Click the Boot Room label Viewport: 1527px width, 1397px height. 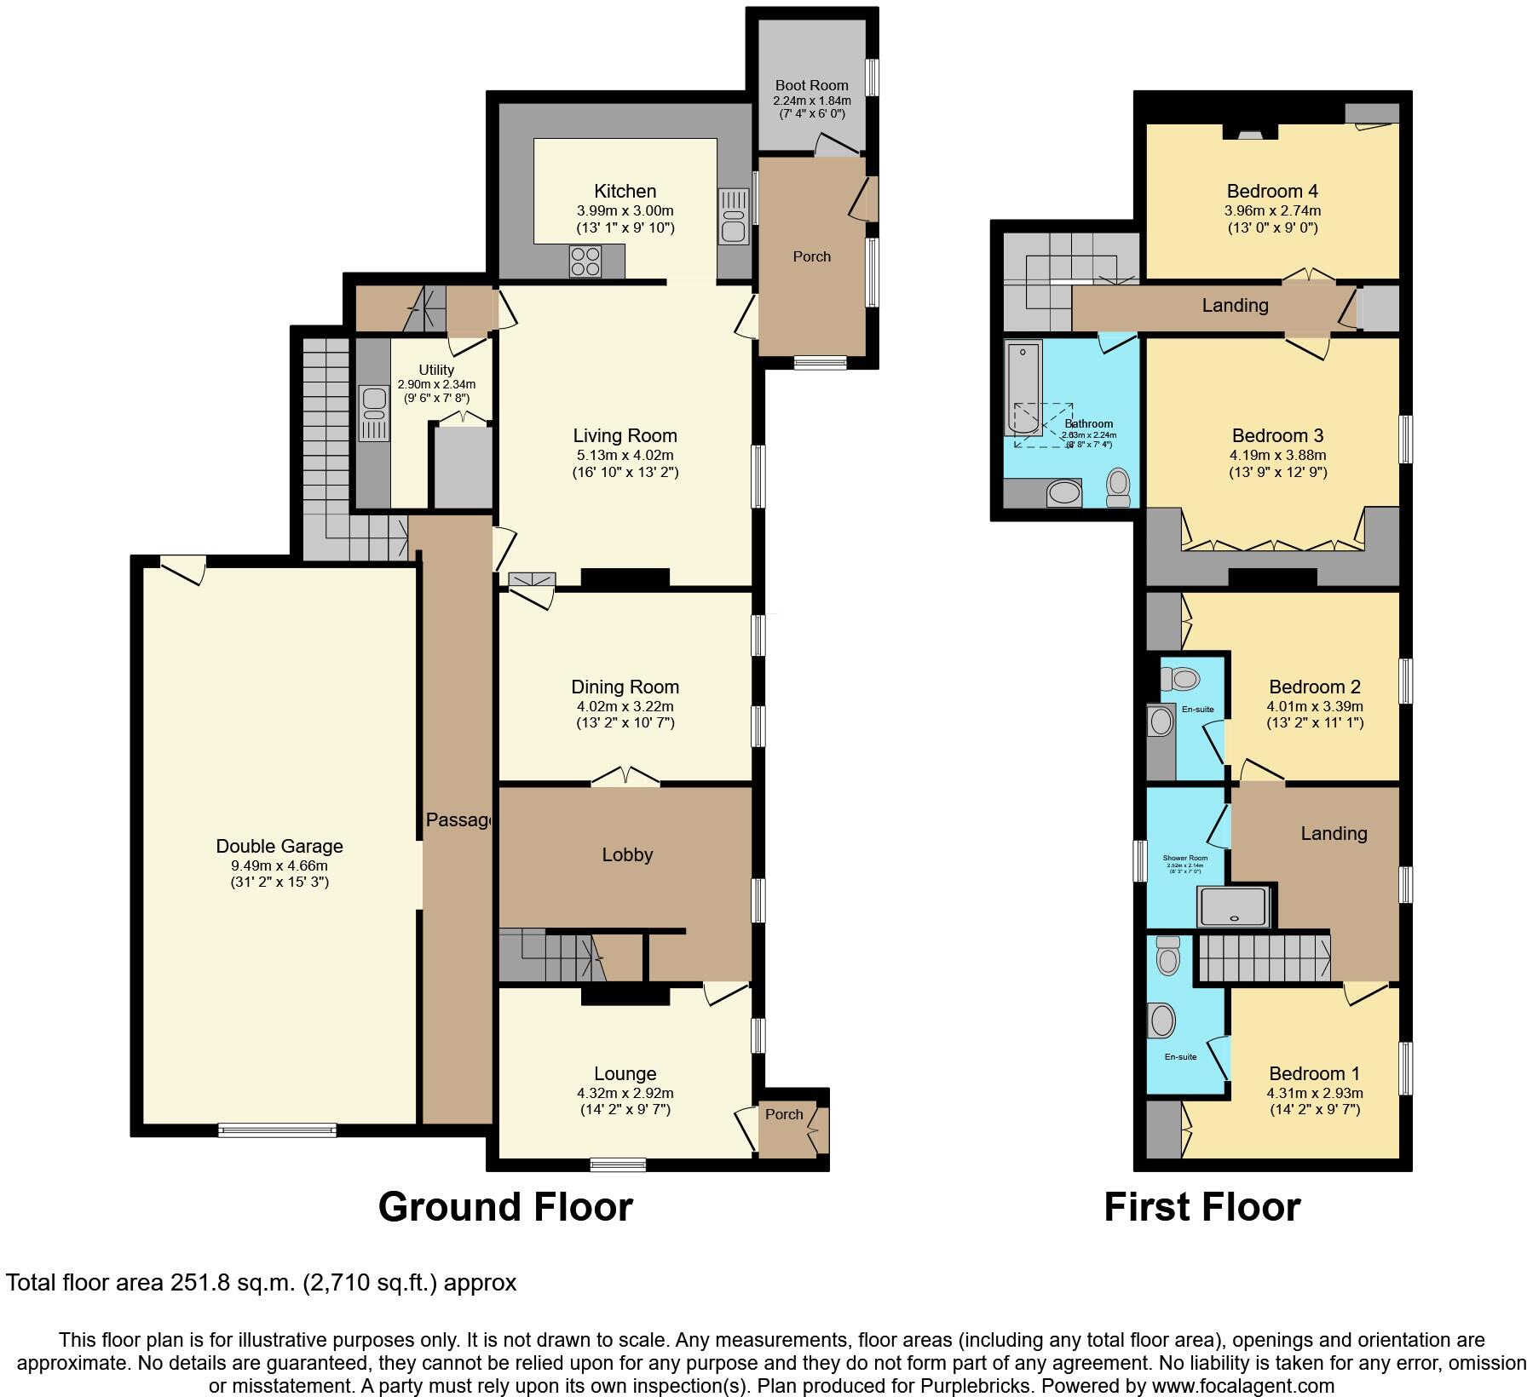coord(811,85)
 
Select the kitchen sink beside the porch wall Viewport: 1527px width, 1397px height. coord(733,216)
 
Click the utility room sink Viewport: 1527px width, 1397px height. coord(372,413)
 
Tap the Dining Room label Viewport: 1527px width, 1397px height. coord(625,687)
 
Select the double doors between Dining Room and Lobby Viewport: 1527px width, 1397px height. coord(625,777)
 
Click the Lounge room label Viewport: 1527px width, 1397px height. coord(625,1073)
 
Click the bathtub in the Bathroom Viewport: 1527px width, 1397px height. coord(1023,388)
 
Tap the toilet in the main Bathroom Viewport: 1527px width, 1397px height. coord(1117,488)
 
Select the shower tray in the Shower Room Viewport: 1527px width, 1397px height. coord(1234,906)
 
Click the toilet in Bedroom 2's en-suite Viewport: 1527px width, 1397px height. coord(1179,679)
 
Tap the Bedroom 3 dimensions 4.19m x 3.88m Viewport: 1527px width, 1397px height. coord(1276,455)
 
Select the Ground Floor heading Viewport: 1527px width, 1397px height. coord(505,1207)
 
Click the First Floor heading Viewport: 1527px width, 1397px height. coord(1201,1207)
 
